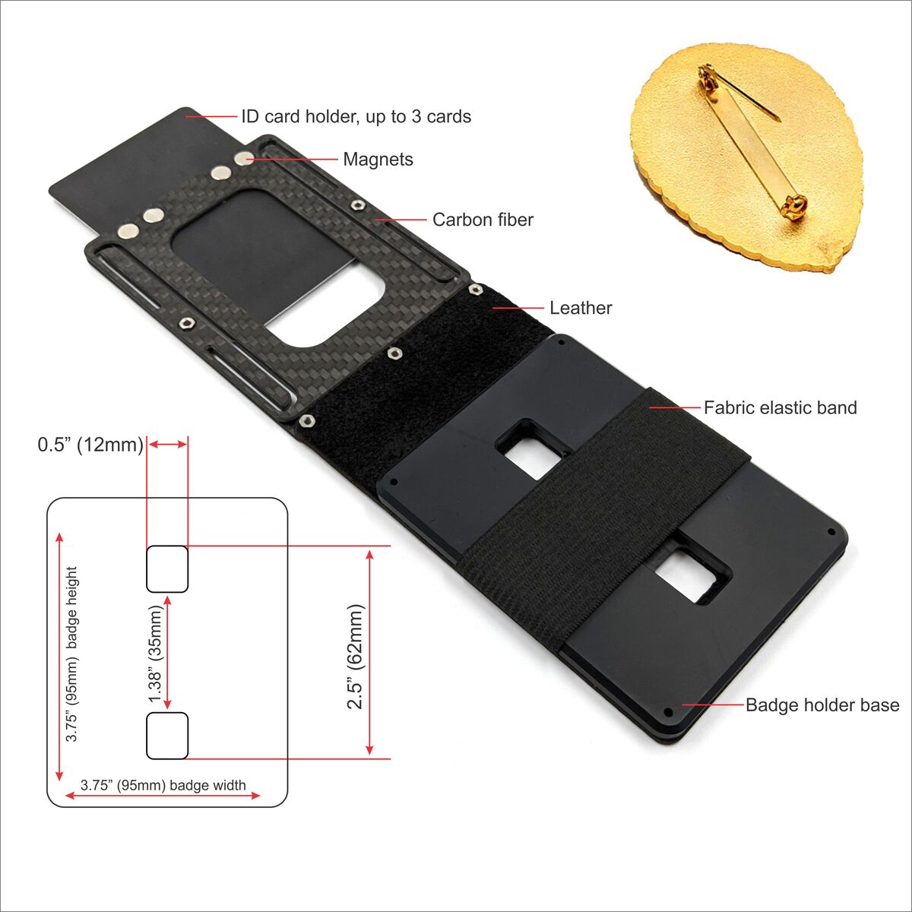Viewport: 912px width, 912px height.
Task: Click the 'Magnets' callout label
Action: (378, 160)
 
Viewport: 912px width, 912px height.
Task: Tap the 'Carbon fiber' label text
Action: (483, 220)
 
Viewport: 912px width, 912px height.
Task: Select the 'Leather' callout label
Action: (581, 308)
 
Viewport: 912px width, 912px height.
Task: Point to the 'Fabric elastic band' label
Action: (780, 407)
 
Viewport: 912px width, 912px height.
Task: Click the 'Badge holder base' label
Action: (822, 705)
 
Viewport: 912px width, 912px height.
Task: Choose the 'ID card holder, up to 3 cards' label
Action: (356, 116)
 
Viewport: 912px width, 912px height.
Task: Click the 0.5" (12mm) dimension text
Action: (90, 445)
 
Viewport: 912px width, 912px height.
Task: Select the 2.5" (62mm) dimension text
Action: (356, 657)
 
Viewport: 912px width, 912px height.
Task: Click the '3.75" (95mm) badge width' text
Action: (163, 785)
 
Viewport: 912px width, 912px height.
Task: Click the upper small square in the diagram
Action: (167, 568)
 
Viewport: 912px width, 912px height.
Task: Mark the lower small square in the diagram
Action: (167, 735)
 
